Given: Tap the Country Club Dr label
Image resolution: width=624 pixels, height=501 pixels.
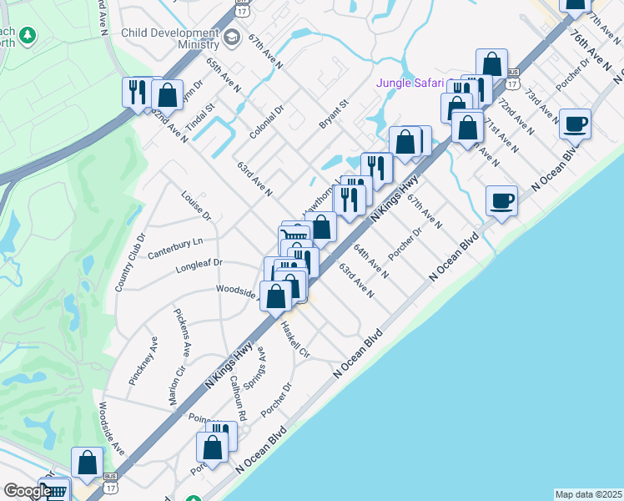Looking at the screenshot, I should tap(130, 261).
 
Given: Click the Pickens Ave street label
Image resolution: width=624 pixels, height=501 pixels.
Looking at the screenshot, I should tap(183, 331).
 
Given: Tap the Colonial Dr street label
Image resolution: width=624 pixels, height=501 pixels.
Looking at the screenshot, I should tap(267, 122).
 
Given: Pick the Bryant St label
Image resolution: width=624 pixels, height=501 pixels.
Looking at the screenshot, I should tap(332, 114).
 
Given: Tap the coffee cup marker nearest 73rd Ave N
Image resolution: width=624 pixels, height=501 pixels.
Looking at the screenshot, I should tap(575, 125).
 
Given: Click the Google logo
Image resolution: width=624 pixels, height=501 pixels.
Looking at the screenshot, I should tap(27, 491).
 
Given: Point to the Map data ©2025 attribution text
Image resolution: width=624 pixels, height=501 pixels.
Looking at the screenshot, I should tap(588, 494).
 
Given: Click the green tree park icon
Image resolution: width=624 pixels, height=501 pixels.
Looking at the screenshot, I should tap(28, 35).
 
